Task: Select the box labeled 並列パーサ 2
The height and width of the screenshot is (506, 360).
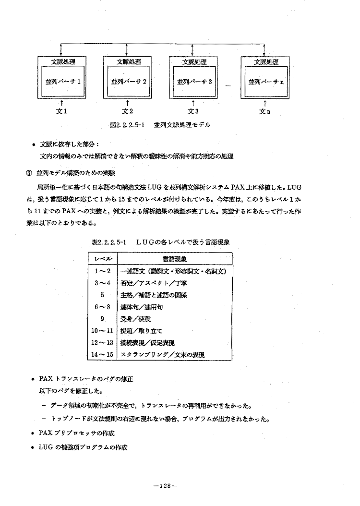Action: click(128, 81)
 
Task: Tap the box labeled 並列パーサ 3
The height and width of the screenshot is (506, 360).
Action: click(194, 81)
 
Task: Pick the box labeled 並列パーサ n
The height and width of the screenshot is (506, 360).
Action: click(266, 81)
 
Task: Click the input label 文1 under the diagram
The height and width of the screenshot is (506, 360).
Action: click(62, 112)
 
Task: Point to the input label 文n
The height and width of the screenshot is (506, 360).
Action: click(265, 112)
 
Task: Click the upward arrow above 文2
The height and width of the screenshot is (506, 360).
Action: click(128, 102)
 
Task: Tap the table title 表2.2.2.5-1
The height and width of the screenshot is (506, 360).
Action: click(107, 242)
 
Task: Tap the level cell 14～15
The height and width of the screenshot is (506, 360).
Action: click(103, 354)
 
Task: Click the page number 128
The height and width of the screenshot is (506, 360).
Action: click(165, 486)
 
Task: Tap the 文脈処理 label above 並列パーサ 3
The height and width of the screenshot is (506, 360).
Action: click(194, 61)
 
